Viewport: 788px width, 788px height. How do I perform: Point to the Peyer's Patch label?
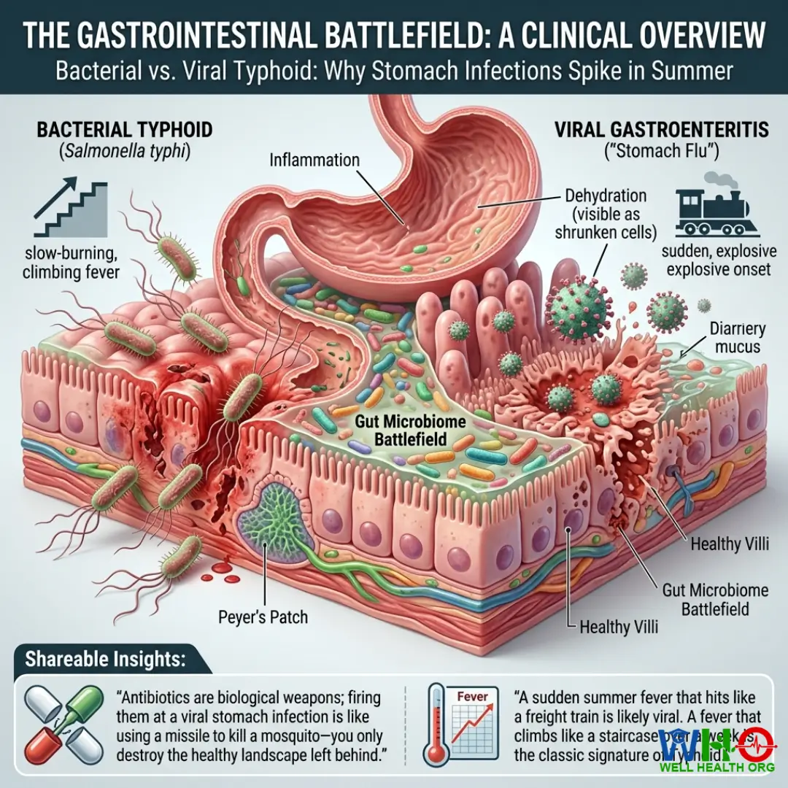click(263, 617)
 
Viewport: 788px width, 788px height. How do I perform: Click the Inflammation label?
click(314, 159)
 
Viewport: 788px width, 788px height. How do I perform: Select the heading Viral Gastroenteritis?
click(662, 130)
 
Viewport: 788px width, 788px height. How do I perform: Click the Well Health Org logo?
click(717, 752)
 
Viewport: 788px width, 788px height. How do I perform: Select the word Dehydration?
click(606, 196)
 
